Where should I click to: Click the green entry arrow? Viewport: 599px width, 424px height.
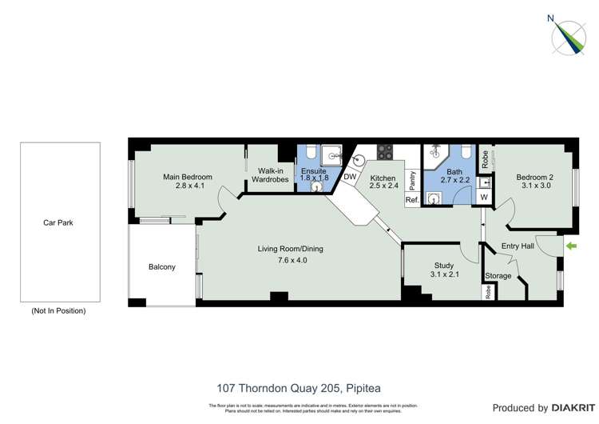coord(569,246)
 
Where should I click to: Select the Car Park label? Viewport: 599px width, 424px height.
coord(58,222)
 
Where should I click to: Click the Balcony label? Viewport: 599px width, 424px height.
coord(161,266)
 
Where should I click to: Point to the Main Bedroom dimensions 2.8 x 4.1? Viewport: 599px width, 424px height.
coord(188,186)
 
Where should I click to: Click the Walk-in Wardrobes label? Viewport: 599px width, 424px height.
coord(269,174)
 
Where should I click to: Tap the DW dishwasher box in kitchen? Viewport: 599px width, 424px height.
coord(350,177)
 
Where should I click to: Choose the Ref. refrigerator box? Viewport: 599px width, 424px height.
coord(412,199)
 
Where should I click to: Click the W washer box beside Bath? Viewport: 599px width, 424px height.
coord(483,198)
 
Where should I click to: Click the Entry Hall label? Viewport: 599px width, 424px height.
coord(517,246)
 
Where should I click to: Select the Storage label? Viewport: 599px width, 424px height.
coord(498,276)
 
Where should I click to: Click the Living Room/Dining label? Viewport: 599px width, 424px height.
coord(290,249)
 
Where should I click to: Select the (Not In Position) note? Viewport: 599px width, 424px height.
coord(58,310)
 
